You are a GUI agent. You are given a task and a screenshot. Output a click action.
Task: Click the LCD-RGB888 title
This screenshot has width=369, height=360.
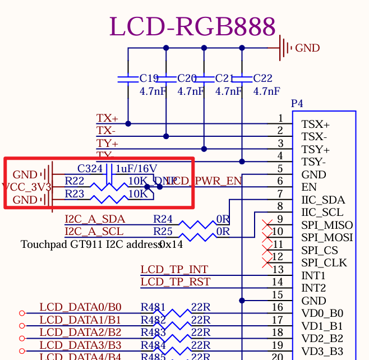tap(192, 26)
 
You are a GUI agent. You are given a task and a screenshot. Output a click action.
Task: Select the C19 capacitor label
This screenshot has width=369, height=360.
tap(149, 79)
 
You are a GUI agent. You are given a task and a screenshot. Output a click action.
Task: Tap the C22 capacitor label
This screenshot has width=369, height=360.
tap(263, 79)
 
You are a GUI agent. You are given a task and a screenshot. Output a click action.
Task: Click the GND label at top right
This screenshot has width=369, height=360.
tap(307, 48)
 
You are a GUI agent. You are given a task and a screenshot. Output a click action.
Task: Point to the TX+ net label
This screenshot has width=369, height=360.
tap(107, 118)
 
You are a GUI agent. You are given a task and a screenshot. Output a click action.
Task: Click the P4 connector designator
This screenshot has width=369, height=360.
tap(297, 104)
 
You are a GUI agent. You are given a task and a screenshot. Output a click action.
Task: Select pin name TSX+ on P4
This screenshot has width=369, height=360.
tap(315, 124)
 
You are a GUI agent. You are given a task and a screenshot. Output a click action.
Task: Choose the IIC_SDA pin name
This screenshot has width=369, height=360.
tap(323, 200)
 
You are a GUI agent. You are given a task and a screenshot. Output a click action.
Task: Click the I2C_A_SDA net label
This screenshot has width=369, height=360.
tap(95, 219)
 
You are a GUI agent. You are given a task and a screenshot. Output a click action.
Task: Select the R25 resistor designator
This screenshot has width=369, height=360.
tap(163, 231)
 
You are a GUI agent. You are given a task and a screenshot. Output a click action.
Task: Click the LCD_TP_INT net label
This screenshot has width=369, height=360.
tap(174, 270)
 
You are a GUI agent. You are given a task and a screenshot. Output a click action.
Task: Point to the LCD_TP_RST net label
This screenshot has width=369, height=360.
tap(176, 281)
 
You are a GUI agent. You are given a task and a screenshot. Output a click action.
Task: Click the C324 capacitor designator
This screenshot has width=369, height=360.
tap(90, 168)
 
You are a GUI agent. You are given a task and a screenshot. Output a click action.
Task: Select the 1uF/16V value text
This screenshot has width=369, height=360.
tap(136, 168)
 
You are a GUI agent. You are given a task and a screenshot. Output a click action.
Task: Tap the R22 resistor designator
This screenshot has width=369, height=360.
tap(75, 181)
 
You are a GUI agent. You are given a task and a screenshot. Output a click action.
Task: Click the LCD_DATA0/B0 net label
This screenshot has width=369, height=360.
tap(80, 307)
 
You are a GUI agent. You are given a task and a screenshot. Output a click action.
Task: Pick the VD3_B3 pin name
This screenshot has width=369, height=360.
tap(322, 351)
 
